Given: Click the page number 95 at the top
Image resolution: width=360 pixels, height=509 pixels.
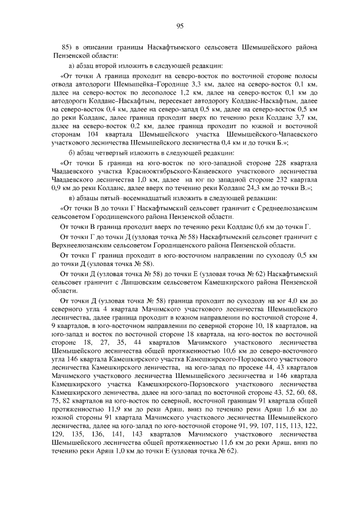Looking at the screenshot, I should pyautogui.click(x=180, y=25).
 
